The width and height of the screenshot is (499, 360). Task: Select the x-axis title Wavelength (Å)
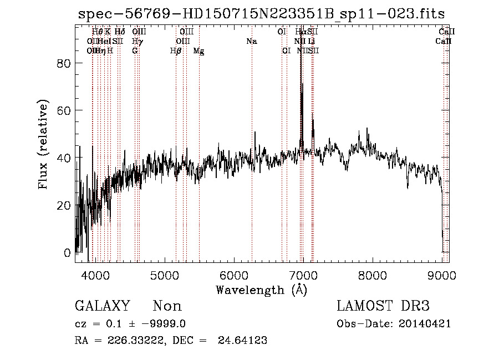261,290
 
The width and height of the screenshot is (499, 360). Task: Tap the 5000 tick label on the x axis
165,276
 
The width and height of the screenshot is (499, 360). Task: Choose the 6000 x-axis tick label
234,276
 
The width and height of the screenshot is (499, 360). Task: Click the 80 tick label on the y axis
64,63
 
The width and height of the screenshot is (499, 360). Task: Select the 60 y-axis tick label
64,110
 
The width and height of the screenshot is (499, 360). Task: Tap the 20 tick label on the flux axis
64,205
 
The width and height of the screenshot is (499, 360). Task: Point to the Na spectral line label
252,42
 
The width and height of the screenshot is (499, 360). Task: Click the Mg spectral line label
198,51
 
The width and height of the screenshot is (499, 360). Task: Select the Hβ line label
176,51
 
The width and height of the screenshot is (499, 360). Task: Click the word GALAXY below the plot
102,306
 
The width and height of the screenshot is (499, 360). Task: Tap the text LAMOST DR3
383,306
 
